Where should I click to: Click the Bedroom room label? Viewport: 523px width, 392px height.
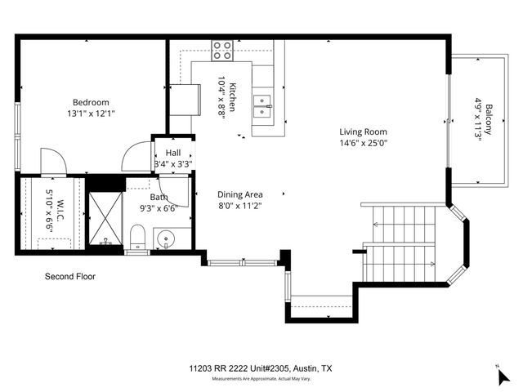(90, 103)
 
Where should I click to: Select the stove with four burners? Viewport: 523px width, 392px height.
(221, 51)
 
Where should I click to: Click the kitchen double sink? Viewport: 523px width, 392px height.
(262, 102)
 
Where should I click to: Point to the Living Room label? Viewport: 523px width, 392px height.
(363, 131)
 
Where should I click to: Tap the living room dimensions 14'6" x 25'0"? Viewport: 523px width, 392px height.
(363, 143)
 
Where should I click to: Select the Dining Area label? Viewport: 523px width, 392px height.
(239, 194)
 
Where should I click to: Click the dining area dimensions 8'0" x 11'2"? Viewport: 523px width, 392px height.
(239, 206)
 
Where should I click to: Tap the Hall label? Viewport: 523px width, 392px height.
(173, 153)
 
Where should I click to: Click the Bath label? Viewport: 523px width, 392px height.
(159, 197)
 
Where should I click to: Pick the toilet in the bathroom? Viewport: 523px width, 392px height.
(137, 238)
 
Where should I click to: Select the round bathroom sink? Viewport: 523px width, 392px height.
(167, 241)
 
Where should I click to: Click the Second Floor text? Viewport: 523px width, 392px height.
(69, 277)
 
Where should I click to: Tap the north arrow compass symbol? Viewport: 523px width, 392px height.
(503, 375)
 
